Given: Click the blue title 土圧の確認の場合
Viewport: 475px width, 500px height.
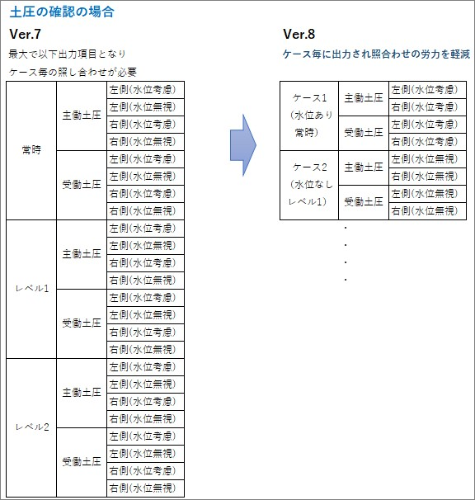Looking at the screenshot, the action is coord(62,12).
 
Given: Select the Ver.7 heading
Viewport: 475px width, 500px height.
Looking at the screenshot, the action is coord(26,34).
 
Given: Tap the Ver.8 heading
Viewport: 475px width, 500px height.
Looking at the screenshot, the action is coord(299,34).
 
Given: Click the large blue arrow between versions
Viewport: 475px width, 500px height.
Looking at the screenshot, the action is coord(243,145).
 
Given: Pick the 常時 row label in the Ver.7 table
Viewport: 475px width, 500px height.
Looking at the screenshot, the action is coord(31,150).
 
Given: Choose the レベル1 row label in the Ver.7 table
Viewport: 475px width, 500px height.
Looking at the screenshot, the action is coord(32,289).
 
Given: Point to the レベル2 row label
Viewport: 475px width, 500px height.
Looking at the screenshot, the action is coord(32,427).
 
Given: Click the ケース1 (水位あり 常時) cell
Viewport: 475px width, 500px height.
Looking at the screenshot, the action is coord(309,116).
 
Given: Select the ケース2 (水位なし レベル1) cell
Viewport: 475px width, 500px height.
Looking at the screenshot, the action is coord(309,185).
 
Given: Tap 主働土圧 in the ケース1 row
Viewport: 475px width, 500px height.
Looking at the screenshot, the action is coord(364,98).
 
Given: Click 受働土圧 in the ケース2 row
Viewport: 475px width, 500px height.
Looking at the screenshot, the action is coord(364,202).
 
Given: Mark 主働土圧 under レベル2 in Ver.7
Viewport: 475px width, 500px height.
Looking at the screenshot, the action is coord(82,393).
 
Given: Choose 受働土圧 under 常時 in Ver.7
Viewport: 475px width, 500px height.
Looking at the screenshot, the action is coord(82,185).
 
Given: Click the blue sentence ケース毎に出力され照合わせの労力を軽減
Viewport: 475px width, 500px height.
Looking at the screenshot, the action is coord(377,54).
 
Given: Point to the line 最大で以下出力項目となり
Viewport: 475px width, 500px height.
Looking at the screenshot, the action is coord(67,54).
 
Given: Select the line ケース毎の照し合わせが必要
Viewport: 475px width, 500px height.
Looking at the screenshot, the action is coord(73,72).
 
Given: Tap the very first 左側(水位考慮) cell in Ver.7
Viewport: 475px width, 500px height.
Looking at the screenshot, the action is coord(145,90).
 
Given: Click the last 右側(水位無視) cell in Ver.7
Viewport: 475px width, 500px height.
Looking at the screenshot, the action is coord(145,488).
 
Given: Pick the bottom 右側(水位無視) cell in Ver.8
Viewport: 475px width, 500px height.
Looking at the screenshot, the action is coord(427,210).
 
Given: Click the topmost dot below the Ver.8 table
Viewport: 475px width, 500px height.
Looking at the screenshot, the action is coord(346,228).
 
